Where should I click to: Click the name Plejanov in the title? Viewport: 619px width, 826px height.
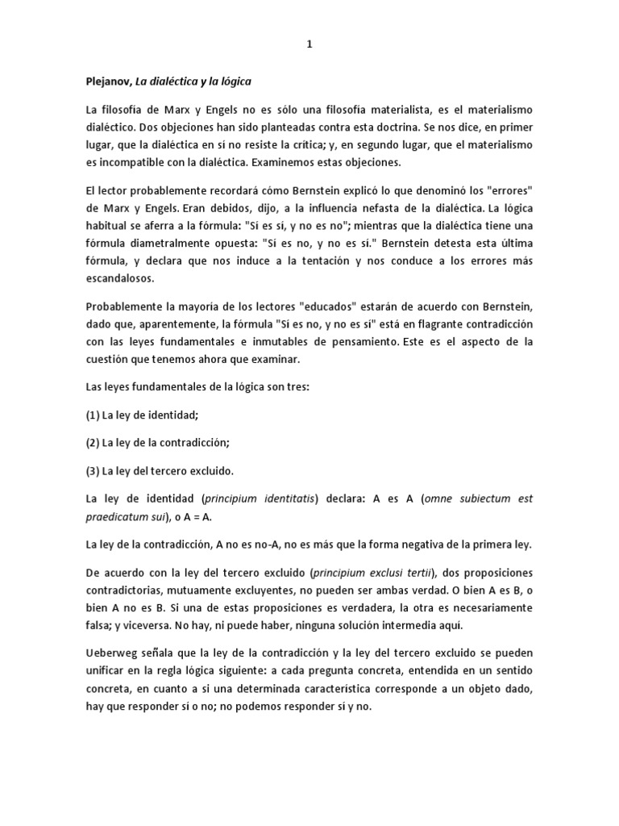(x=109, y=81)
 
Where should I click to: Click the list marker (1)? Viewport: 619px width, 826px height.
(x=92, y=415)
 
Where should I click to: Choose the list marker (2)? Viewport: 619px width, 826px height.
(x=92, y=443)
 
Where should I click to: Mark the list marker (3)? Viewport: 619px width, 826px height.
(x=92, y=471)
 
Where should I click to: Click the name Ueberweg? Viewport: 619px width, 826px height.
(x=113, y=653)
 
